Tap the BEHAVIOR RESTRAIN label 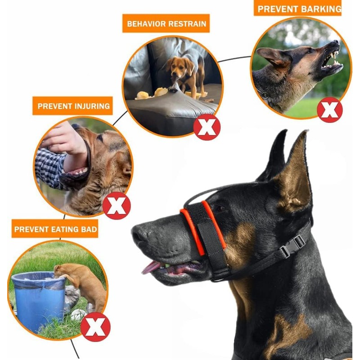[166, 23]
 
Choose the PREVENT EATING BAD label [56, 229]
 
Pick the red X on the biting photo [117, 205]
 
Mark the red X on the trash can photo [95, 327]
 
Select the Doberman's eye [219, 208]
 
